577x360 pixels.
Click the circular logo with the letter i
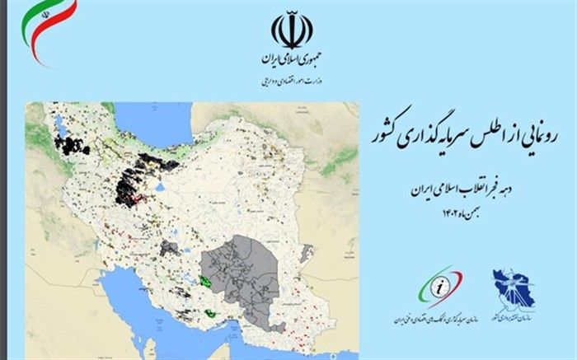pyautogui.click(x=442, y=288)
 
